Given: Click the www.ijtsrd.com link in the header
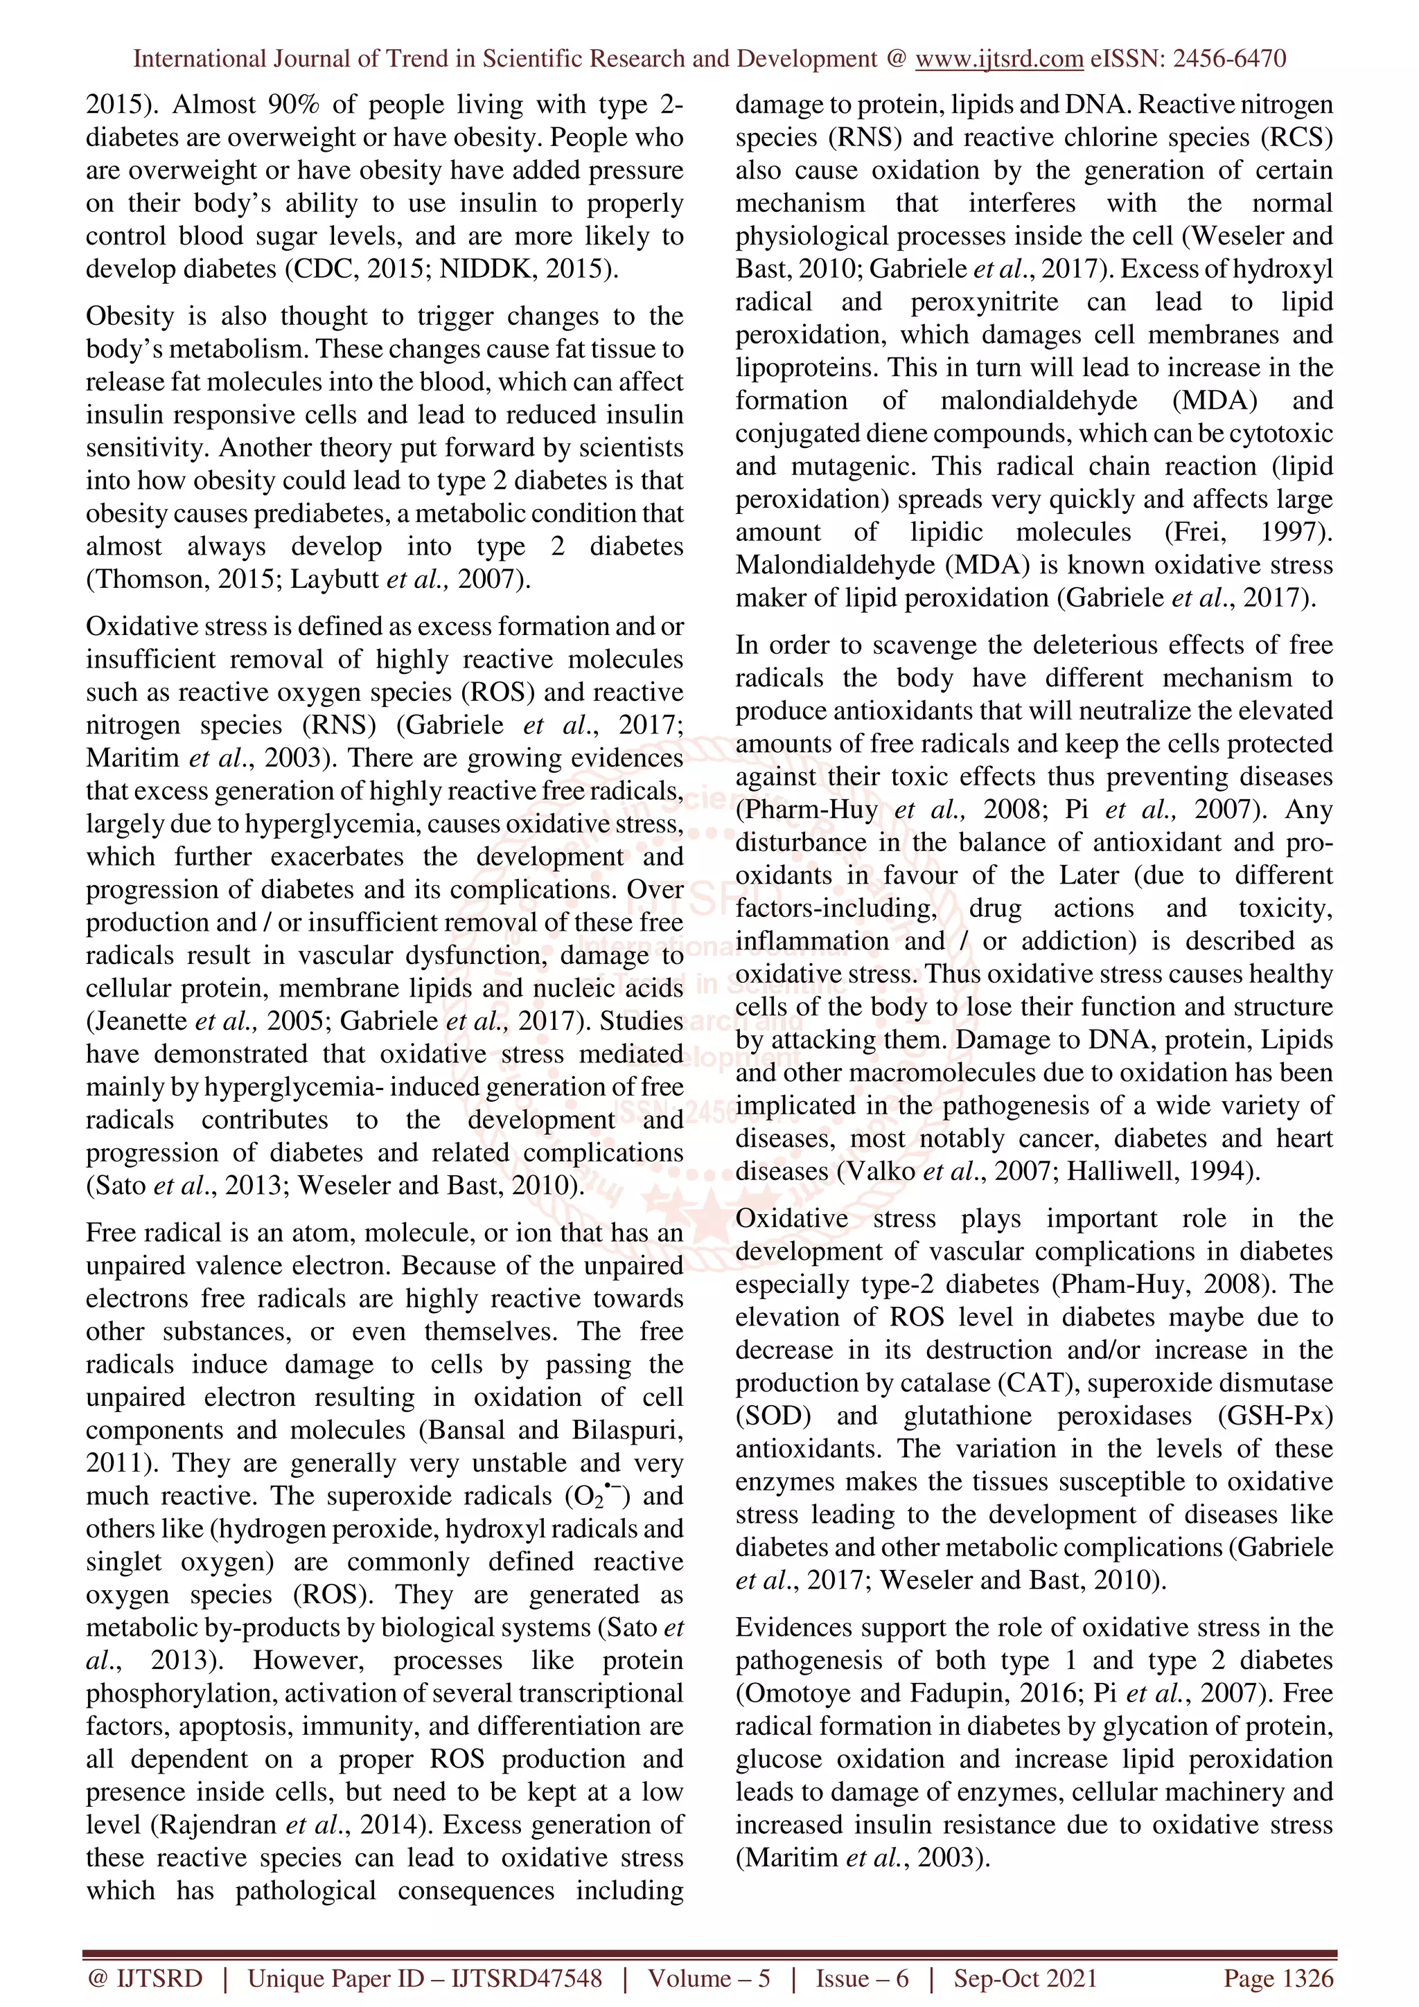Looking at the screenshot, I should (x=998, y=59).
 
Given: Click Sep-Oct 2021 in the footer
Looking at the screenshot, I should (x=1025, y=1978).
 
